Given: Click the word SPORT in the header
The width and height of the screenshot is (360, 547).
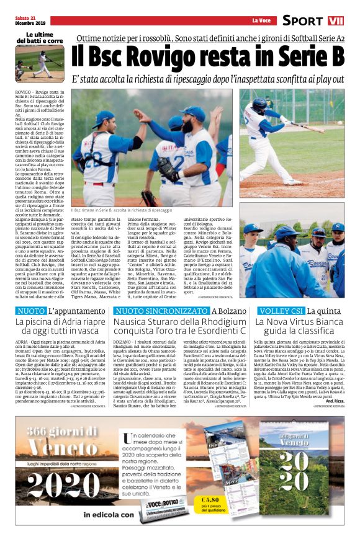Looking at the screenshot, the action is [x=303, y=21].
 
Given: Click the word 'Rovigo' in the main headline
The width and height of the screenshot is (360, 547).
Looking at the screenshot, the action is [x=171, y=58].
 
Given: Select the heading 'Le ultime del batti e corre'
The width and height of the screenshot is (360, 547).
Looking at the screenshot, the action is [x=39, y=37].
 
